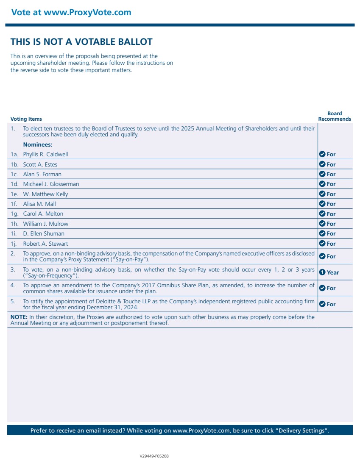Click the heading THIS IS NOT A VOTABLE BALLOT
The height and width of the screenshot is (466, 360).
[81, 42]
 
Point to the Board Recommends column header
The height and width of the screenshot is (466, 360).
[335, 116]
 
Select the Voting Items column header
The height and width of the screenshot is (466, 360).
[26, 119]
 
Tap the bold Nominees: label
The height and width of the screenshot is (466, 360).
[37, 144]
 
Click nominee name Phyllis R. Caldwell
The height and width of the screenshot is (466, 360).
[45, 154]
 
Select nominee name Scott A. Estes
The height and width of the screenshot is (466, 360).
[40, 164]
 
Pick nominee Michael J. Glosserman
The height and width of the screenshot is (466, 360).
[51, 184]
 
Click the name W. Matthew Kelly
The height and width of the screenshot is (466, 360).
[45, 194]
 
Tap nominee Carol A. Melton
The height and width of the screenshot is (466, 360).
[43, 214]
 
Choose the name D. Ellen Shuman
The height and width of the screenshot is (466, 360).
[44, 233]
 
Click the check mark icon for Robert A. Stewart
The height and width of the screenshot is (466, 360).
[322, 244]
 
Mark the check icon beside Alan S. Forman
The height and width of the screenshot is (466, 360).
[322, 174]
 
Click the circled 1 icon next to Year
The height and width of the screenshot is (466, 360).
[322, 272]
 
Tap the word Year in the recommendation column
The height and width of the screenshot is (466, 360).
[333, 272]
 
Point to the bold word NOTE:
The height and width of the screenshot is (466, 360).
[19, 317]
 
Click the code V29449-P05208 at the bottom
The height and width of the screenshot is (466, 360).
[154, 456]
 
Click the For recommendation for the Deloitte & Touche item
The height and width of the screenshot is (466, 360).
[331, 304]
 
